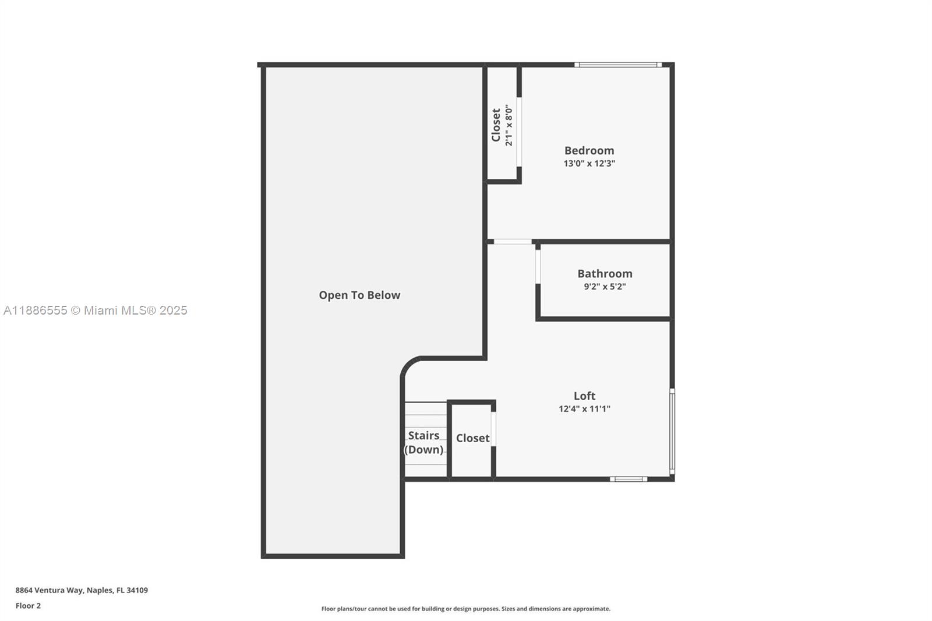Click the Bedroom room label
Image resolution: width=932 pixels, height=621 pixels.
click(589, 150)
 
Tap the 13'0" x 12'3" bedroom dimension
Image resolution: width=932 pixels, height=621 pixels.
click(589, 163)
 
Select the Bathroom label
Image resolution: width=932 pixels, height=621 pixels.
click(605, 273)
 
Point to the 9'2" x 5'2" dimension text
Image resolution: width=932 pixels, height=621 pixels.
click(605, 287)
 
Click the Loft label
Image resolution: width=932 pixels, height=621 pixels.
click(585, 396)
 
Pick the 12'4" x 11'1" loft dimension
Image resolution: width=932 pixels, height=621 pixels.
click(585, 409)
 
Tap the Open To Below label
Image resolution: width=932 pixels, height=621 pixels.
click(359, 295)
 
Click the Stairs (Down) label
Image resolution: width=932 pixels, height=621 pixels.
click(423, 442)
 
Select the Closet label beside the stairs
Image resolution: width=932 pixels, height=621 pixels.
click(472, 438)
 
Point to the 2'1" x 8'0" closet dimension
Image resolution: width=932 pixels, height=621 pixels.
click(509, 125)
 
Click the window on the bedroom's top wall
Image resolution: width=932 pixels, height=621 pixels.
click(618, 65)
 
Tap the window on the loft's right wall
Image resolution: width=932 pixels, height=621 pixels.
click(672, 432)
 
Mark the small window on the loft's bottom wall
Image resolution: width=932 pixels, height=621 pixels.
click(629, 479)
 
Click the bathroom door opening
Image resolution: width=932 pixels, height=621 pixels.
click(538, 266)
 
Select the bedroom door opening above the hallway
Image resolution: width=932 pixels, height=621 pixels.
click(513, 241)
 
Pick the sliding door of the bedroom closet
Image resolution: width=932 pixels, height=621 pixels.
click(519, 132)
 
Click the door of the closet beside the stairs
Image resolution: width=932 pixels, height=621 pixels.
click(493, 429)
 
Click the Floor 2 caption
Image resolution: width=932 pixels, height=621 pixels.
click(29, 606)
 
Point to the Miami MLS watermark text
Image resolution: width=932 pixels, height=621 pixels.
click(96, 310)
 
